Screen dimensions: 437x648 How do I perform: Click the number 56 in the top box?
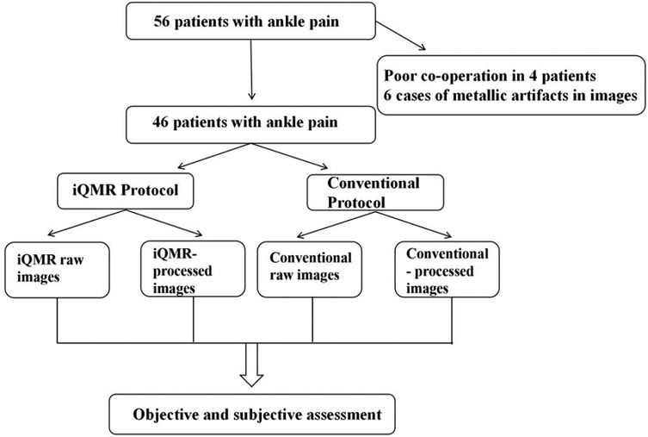[x=162, y=20]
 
